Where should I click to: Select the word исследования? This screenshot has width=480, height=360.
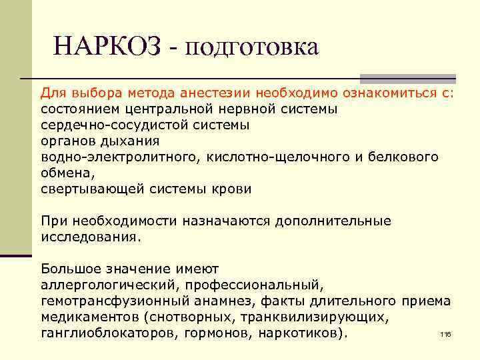(89, 237)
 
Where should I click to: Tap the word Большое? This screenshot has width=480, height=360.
(70, 269)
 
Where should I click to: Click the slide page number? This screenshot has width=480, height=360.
(446, 334)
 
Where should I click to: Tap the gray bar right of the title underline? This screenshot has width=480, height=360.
(407, 78)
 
